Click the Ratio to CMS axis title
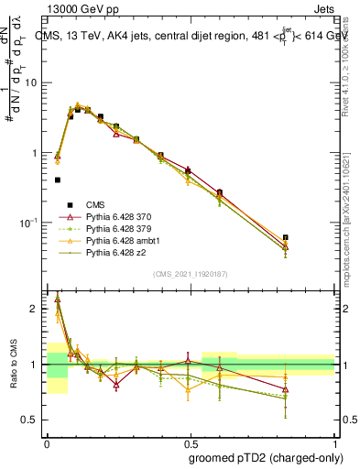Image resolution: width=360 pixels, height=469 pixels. (16, 365)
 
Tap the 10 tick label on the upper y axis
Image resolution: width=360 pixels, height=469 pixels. (32, 82)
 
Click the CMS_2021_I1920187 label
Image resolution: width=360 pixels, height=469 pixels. (190, 274)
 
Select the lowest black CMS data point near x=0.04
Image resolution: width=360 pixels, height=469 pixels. (58, 180)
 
